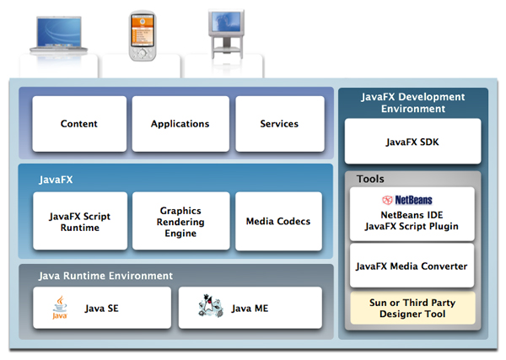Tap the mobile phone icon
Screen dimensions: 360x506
[143, 35]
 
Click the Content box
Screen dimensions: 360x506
[79, 124]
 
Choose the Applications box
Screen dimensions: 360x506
[180, 124]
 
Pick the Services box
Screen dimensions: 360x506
[279, 124]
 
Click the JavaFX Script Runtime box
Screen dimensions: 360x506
[79, 222]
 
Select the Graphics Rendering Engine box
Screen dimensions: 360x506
[180, 222]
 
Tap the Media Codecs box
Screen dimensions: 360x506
[278, 222]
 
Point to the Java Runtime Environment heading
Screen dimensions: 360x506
[105, 276]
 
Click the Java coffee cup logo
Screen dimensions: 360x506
[60, 308]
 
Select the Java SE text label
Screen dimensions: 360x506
[101, 309]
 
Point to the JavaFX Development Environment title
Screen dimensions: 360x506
[412, 102]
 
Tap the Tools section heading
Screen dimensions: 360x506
[370, 179]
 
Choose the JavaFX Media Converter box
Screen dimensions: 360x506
[412, 266]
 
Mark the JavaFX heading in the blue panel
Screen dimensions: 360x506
[56, 180]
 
